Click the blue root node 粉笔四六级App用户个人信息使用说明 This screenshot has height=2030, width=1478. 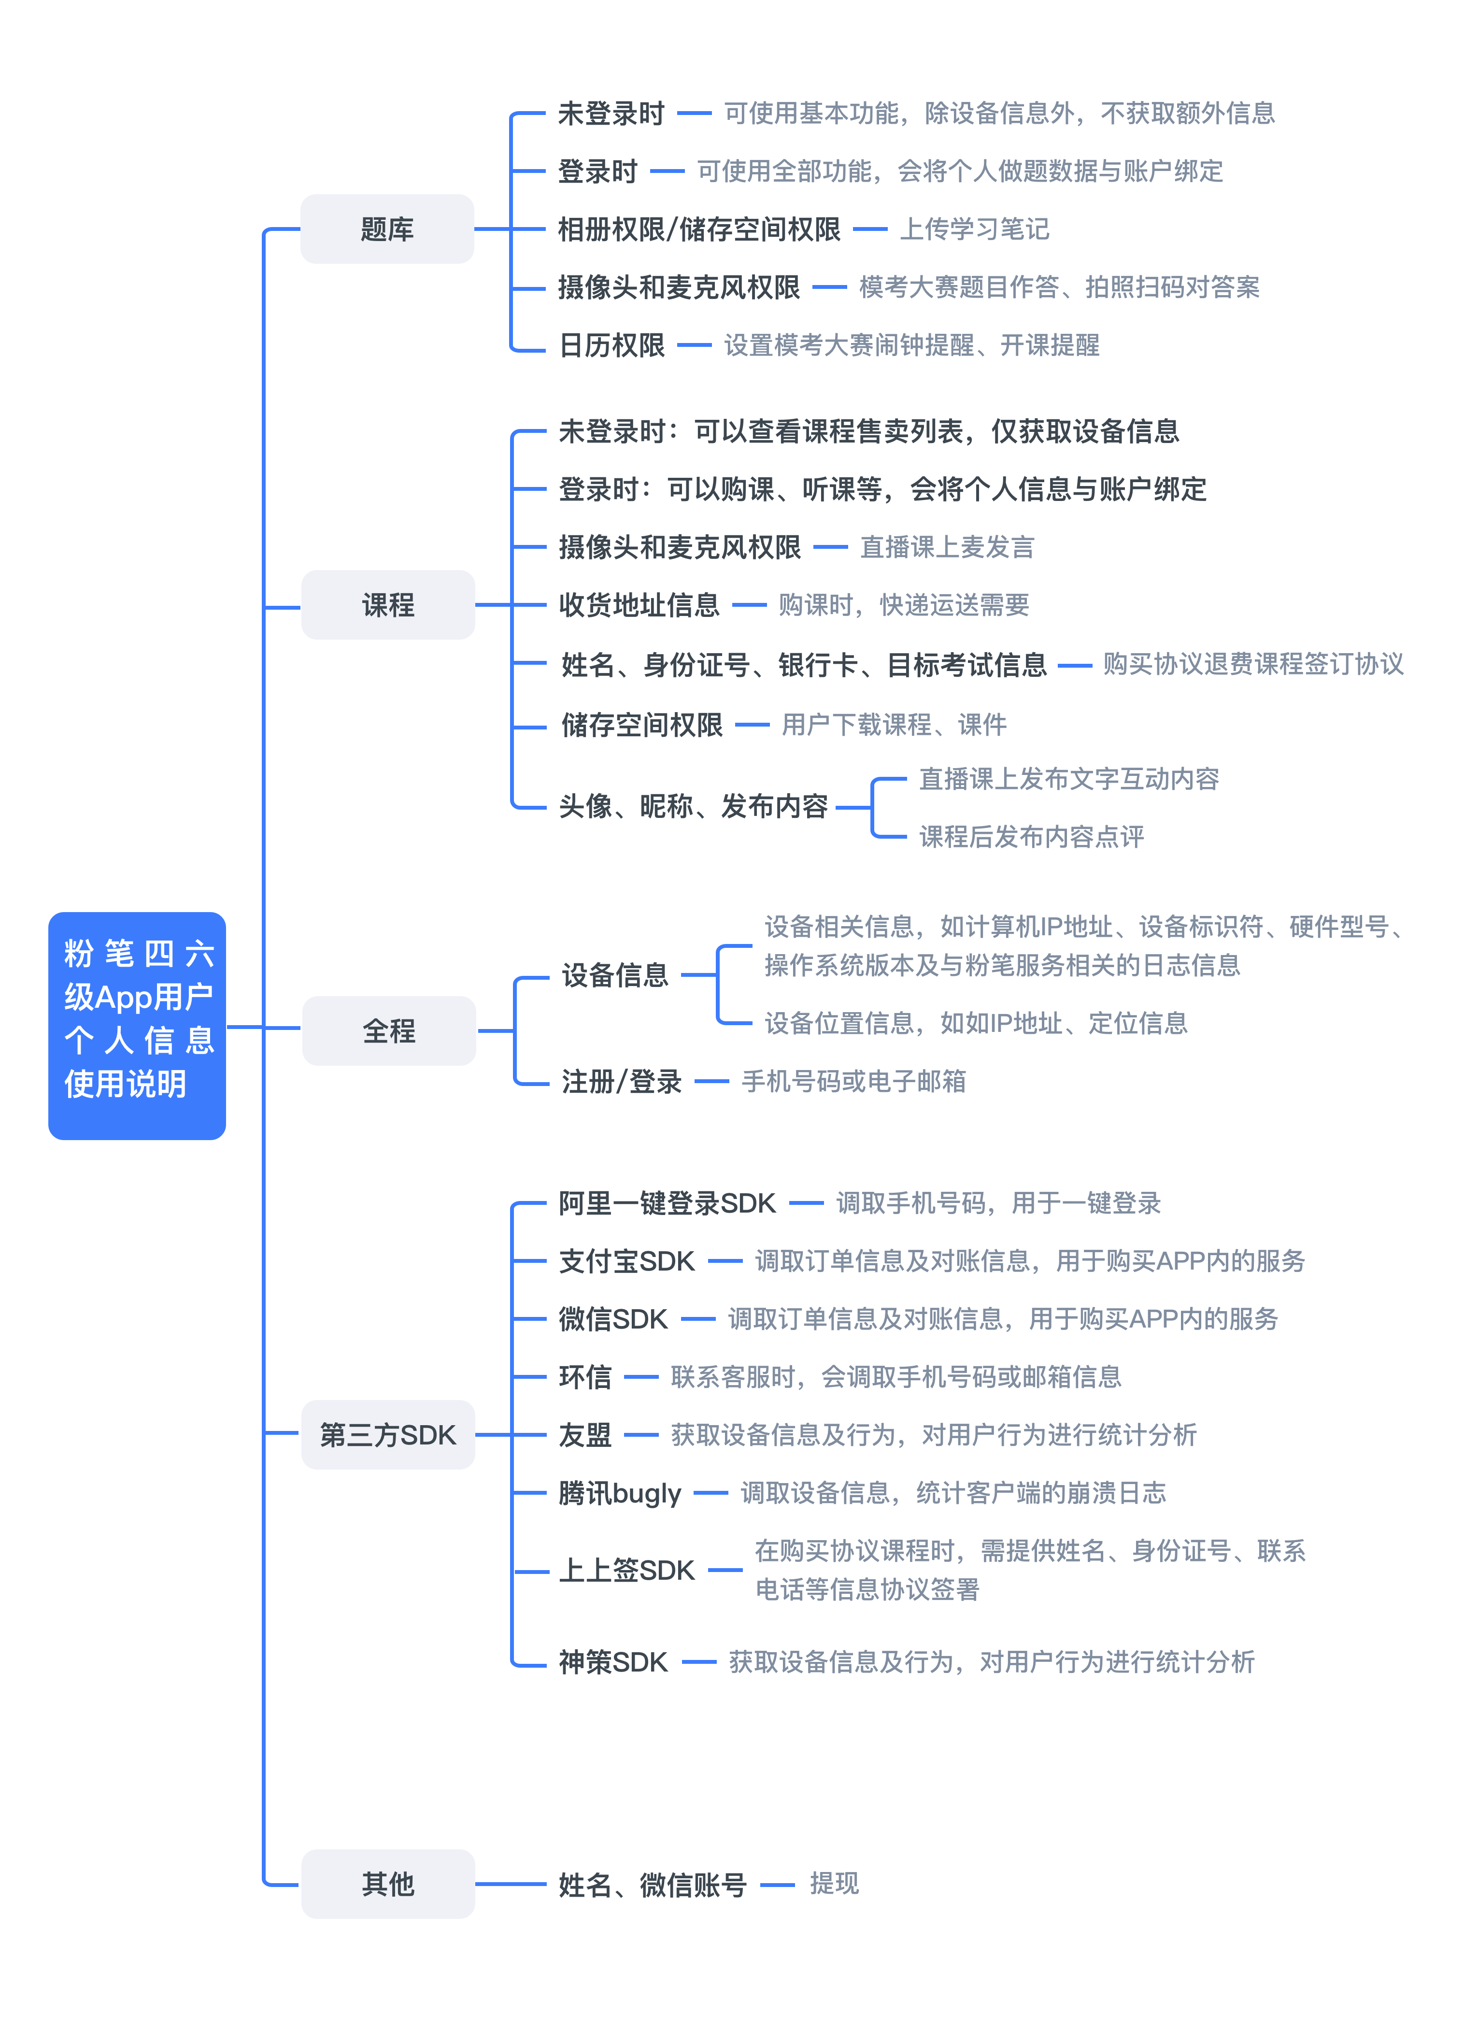pos(137,1026)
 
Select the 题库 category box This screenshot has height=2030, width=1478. pos(387,229)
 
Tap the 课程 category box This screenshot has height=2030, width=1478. pos(388,605)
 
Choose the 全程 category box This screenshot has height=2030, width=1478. pos(389,1031)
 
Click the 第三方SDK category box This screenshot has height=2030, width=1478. pos(388,1435)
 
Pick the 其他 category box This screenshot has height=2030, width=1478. pos(388,1884)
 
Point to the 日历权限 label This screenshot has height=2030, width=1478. pos(612,345)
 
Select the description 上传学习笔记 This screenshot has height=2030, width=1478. pos(974,229)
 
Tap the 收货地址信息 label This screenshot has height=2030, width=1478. pos(640,605)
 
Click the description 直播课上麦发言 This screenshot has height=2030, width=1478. pos(948,547)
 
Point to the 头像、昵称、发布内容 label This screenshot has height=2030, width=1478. pos(694,806)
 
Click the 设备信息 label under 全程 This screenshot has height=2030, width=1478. pos(615,975)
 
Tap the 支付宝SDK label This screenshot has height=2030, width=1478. pos(627,1261)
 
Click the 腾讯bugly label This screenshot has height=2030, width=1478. pos(620,1493)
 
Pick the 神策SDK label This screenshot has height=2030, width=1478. pos(614,1662)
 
